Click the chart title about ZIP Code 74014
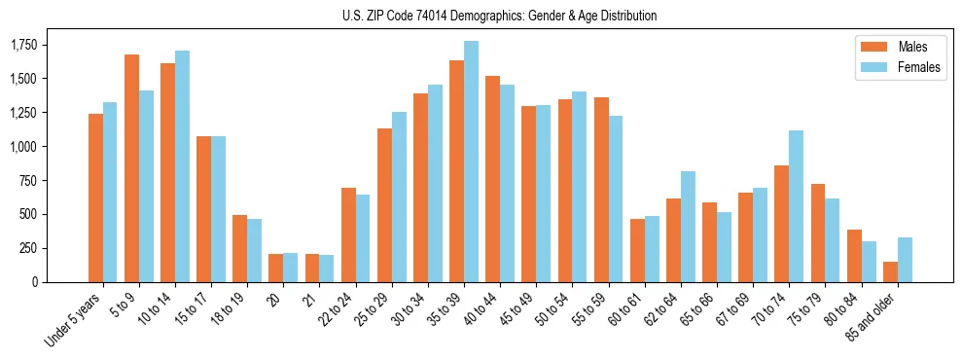(x=499, y=16)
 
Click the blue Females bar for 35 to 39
(x=471, y=162)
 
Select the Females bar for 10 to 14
(x=182, y=166)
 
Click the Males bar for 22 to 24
(x=348, y=234)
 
